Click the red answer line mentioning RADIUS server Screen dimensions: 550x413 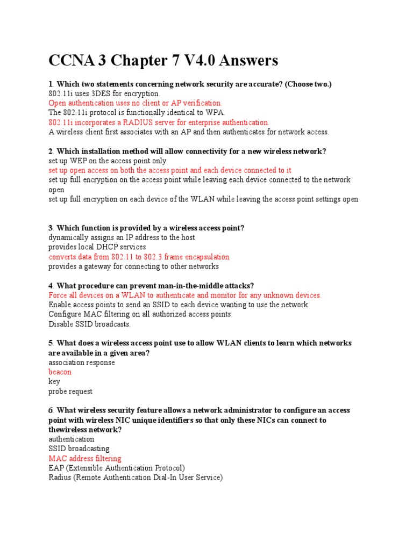pyautogui.click(x=159, y=122)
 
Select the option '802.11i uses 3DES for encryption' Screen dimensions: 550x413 pyautogui.click(x=104, y=93)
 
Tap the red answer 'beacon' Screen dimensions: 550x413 pyautogui.click(x=60, y=372)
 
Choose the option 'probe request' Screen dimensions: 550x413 pyautogui.click(x=70, y=392)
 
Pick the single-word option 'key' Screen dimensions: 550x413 pyautogui.click(x=54, y=382)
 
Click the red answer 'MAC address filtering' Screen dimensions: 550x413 pyautogui.click(x=85, y=459)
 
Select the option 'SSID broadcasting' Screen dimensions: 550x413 pyautogui.click(x=79, y=449)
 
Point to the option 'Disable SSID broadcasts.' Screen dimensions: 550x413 pyautogui.click(x=90, y=324)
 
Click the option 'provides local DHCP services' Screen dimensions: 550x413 pyautogui.click(x=97, y=247)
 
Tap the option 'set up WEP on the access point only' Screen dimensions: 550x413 pyautogui.click(x=108, y=161)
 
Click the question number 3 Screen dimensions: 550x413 pyautogui.click(x=51, y=228)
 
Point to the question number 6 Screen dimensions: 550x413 pyautogui.click(x=51, y=411)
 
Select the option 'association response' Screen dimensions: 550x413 pyautogui.click(x=82, y=363)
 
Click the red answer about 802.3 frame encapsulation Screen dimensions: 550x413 pyautogui.click(x=139, y=257)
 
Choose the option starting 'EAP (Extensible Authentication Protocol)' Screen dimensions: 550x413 pyautogui.click(x=117, y=468)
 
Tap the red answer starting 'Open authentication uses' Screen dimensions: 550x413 pyautogui.click(x=135, y=103)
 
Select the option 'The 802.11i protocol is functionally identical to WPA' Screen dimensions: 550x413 pyautogui.click(x=137, y=113)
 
